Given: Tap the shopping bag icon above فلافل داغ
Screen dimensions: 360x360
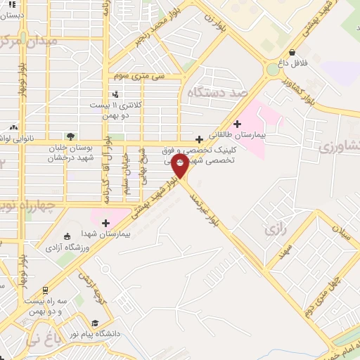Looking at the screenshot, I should coord(292,52).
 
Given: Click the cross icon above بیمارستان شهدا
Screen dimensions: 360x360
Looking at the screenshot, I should coord(105,223).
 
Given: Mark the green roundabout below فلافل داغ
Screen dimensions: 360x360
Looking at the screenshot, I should coord(272,70).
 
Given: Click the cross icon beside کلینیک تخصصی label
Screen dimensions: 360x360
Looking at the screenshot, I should coord(200,139).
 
